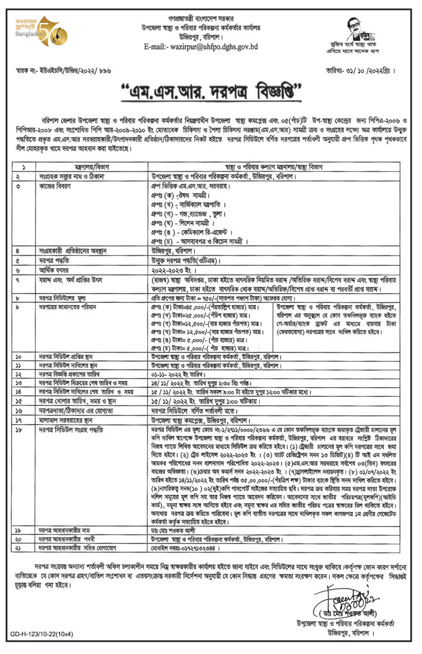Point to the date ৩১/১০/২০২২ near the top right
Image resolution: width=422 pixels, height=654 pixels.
pos(364,70)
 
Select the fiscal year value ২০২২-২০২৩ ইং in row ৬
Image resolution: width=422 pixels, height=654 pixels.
pos(175,271)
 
